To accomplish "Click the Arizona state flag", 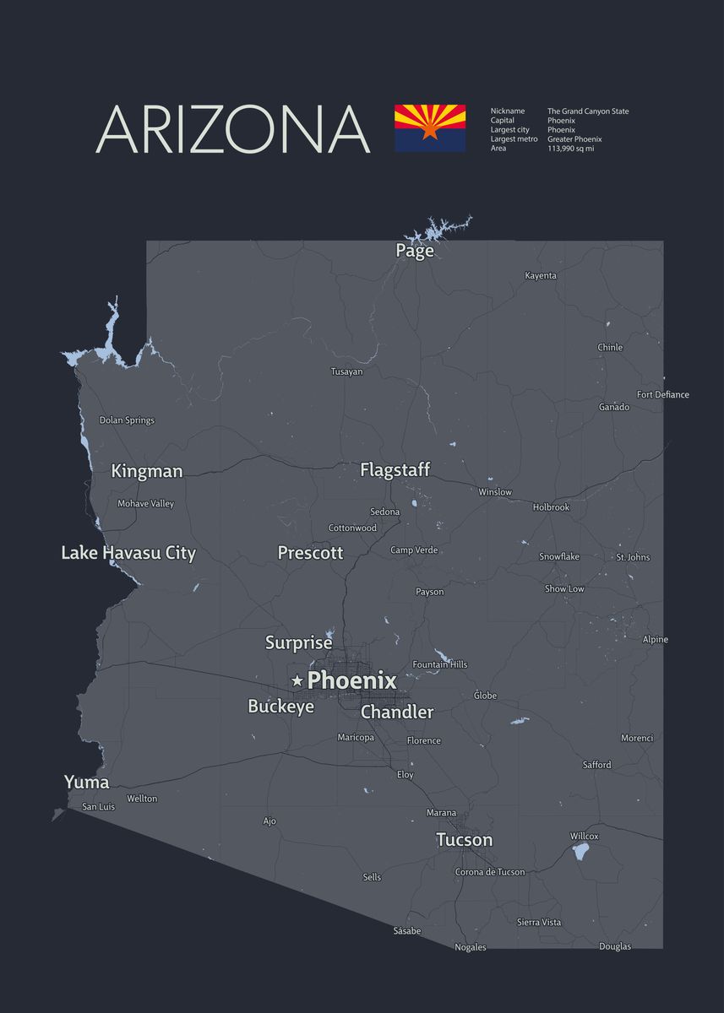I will (x=429, y=128).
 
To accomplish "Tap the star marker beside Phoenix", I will (x=297, y=680).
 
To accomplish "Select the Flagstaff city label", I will (x=395, y=470).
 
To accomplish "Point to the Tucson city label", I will (x=464, y=840).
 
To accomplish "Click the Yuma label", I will (x=86, y=783).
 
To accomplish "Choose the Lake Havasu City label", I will (x=128, y=554).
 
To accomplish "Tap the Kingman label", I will (x=146, y=471).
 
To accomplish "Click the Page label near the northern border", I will (x=415, y=251).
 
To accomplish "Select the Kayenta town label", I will (x=541, y=276).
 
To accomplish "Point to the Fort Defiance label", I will (x=662, y=395).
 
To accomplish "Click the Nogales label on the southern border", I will (x=471, y=947).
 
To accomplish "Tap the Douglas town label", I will (x=615, y=946).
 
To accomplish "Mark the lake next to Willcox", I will (x=580, y=851).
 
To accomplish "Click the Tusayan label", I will (x=346, y=371).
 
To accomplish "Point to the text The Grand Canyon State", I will (x=588, y=111).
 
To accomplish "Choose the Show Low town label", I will (x=564, y=589).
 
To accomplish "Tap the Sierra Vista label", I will (x=539, y=923).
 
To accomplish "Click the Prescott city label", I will (x=310, y=553).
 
